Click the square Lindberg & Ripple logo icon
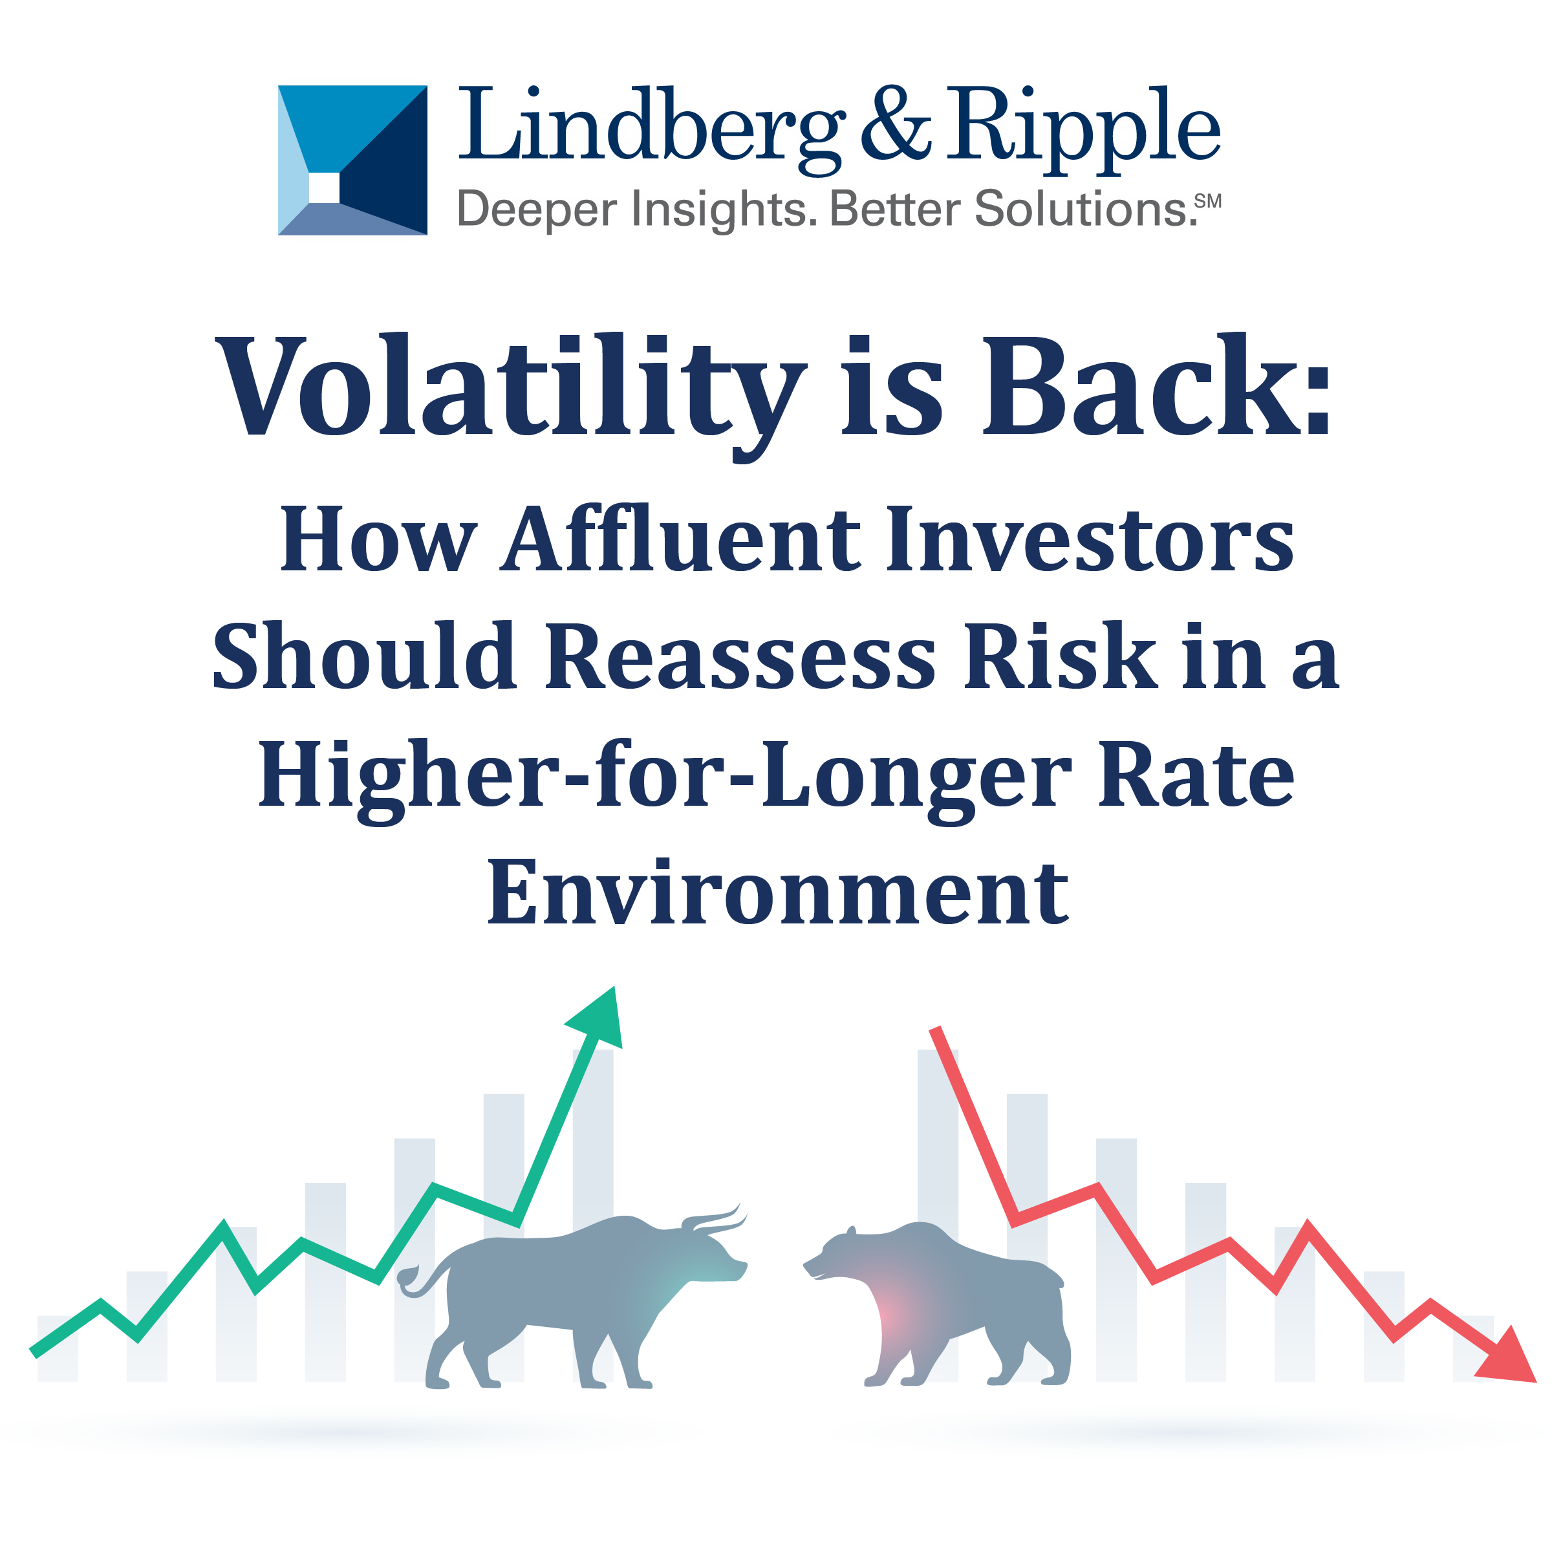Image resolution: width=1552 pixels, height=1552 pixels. pos(352,160)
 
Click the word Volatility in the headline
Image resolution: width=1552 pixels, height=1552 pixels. pos(511,389)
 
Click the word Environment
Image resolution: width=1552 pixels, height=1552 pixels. pos(777,892)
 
